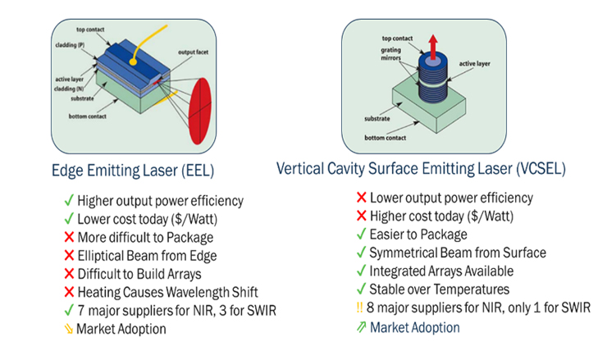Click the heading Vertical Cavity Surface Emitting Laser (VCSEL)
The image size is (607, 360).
[x=426, y=168]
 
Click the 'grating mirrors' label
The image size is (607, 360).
[x=394, y=55]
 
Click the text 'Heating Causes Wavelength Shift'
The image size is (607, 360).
[x=170, y=292]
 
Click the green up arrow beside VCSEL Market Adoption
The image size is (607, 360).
[x=361, y=327]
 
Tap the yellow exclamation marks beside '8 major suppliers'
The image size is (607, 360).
[x=361, y=308]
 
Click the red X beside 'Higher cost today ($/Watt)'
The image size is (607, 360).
[x=361, y=216]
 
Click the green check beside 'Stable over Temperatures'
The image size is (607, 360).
[x=361, y=289]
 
